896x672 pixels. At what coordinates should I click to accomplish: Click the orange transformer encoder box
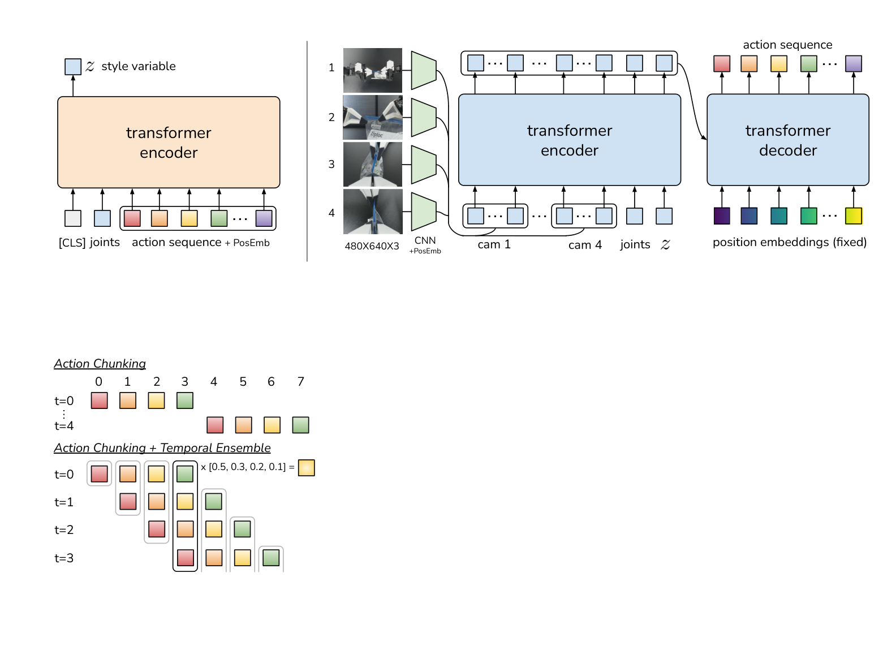pos(169,142)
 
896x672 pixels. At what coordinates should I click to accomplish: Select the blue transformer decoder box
pos(787,140)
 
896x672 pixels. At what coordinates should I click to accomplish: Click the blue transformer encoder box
pos(569,140)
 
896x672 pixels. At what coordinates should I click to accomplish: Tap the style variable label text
pos(138,66)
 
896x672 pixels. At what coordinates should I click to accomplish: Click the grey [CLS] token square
pos(73,218)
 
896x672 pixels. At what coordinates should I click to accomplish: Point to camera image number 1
pos(372,70)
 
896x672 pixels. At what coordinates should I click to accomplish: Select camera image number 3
pos(372,164)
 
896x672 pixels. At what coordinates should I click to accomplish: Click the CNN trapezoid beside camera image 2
pos(423,118)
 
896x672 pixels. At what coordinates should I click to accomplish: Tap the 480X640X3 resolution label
pos(372,246)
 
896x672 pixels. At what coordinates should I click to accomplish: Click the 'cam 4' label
pos(585,245)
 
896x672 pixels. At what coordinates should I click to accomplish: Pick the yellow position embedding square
pos(853,216)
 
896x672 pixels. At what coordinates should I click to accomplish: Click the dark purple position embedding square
pos(722,216)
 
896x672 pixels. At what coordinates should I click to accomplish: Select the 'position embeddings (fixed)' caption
pos(789,242)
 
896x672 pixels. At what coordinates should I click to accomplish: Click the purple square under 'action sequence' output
pos(853,63)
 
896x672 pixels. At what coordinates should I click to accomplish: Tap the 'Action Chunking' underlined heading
pos(100,364)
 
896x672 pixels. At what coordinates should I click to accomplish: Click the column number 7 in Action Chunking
pos(301,382)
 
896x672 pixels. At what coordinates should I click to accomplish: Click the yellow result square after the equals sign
pos(306,468)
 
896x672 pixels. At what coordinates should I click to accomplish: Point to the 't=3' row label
pos(64,558)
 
